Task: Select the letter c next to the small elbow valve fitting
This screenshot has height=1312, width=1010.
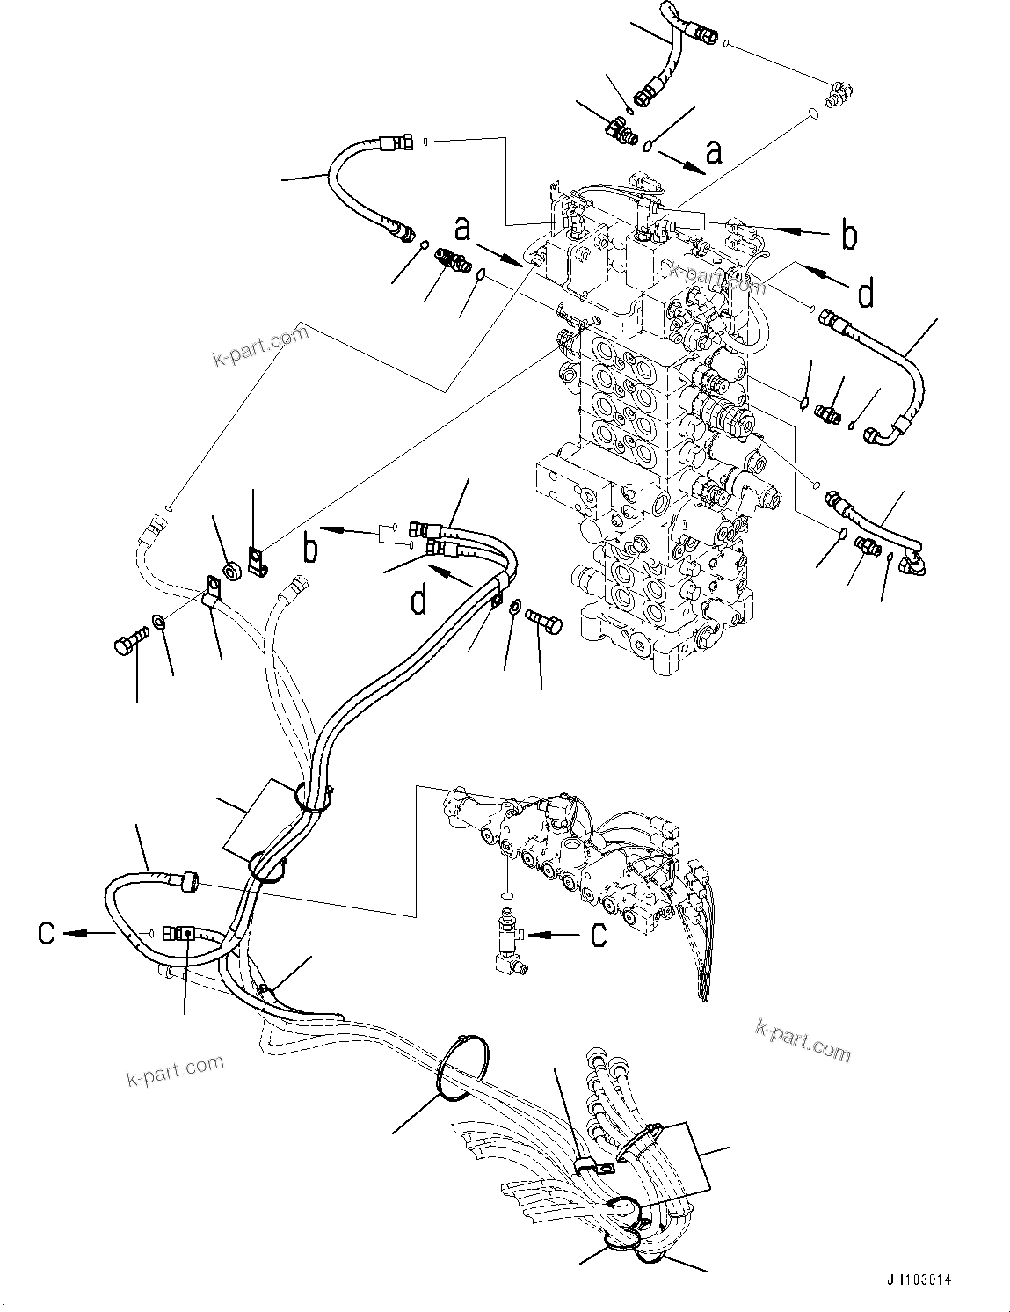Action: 598,934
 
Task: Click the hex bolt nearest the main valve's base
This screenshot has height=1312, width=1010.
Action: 538,621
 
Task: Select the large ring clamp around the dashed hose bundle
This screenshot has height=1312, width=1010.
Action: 461,1068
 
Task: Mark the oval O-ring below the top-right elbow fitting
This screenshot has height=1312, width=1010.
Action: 813,113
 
